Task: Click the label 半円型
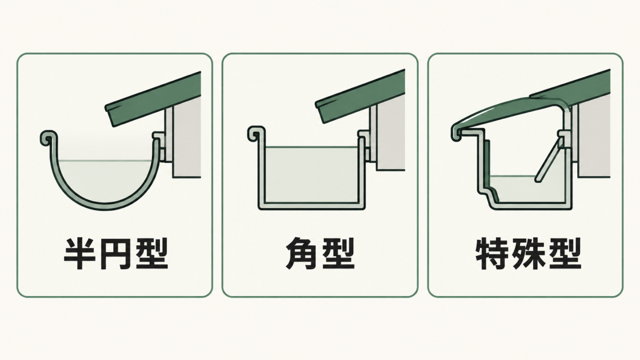point(116,254)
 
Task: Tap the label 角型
point(320,254)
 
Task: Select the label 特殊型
point(528,254)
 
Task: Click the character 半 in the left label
point(81,254)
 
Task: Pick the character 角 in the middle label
point(302,254)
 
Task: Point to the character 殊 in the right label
point(528,254)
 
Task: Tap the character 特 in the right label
point(493,254)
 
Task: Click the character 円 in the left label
point(116,254)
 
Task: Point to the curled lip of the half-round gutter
point(48,138)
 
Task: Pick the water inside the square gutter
point(311,174)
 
